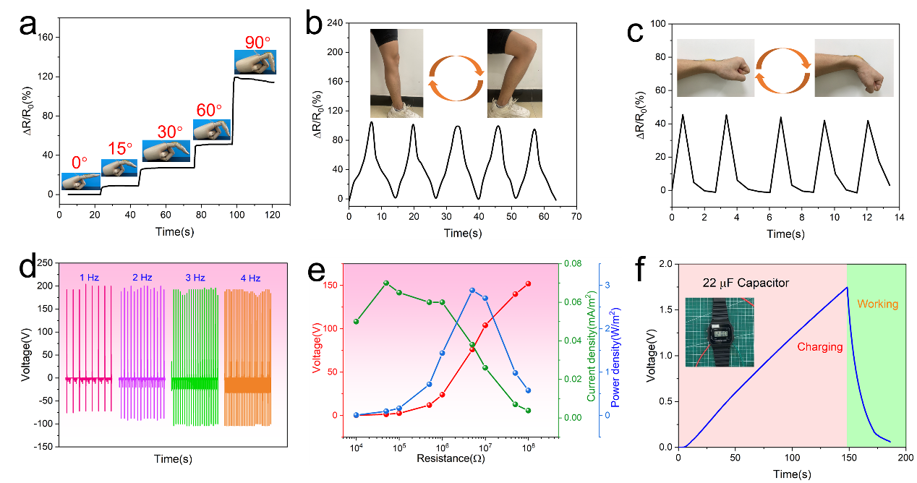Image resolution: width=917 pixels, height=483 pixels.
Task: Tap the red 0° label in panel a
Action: [x=80, y=163]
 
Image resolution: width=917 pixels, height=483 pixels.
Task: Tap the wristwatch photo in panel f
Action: [x=719, y=332]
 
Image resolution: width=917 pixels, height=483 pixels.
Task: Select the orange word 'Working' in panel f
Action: [x=877, y=304]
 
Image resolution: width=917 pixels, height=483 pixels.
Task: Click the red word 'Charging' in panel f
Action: [x=820, y=347]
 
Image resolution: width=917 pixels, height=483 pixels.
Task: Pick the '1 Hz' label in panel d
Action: [x=91, y=277]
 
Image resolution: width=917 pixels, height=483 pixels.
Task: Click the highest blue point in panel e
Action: [x=472, y=290]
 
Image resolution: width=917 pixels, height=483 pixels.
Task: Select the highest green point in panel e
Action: [x=386, y=283]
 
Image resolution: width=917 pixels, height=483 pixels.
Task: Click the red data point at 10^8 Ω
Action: [x=528, y=283]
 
